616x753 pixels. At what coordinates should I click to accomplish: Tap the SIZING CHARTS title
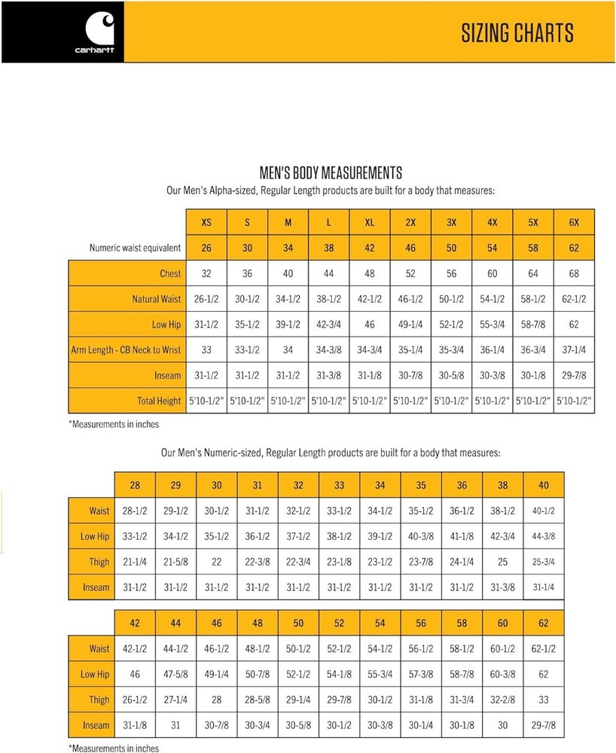tap(517, 33)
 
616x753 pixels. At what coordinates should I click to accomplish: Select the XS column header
tap(206, 222)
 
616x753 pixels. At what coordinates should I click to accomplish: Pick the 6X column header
tap(574, 222)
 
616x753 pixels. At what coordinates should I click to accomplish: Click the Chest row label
tap(170, 273)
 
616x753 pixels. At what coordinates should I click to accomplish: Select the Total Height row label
tap(159, 401)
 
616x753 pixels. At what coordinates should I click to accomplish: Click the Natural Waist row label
tap(157, 299)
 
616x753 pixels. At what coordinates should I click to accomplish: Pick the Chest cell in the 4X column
tap(492, 273)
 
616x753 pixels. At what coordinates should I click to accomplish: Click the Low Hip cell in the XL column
tap(369, 325)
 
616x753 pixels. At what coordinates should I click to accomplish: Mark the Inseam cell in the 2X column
tap(410, 375)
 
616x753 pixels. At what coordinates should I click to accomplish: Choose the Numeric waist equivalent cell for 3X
tap(451, 248)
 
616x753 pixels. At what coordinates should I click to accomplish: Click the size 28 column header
tap(135, 486)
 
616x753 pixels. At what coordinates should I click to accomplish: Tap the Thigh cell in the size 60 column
tap(502, 700)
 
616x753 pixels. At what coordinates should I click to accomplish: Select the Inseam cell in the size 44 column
tap(175, 725)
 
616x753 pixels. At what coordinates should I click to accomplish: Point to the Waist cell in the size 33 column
tap(339, 511)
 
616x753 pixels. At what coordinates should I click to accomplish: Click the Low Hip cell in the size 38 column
tap(502, 536)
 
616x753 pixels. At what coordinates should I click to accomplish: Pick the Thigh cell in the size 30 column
tap(216, 562)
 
